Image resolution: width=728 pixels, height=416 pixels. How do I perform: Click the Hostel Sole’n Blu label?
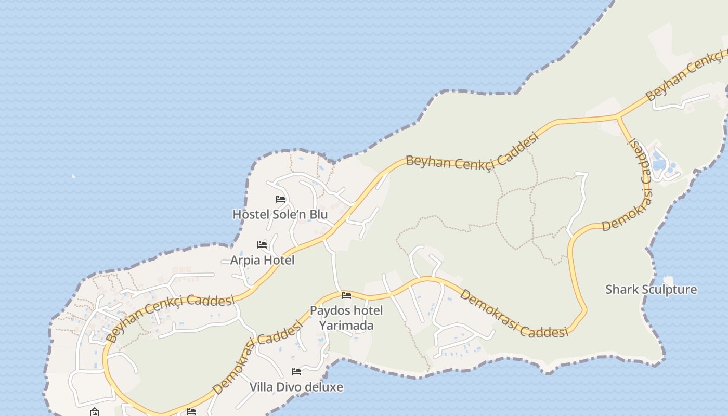(280, 214)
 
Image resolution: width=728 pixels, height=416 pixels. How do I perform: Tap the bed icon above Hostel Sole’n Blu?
(280, 199)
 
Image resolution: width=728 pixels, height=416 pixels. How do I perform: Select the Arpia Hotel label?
(262, 260)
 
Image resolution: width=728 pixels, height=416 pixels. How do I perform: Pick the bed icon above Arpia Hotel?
(262, 245)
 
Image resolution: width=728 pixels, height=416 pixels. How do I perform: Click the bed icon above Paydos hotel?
(346, 296)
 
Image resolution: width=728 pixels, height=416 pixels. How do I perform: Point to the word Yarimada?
(346, 326)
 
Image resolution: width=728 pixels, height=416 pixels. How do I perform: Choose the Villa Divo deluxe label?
(296, 387)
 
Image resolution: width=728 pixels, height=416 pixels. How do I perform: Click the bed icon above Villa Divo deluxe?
(296, 372)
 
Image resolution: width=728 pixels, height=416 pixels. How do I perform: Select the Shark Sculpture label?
(651, 290)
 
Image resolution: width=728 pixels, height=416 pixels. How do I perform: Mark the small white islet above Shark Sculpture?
(668, 280)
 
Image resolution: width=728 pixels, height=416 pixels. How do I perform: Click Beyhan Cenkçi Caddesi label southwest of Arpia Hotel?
(170, 315)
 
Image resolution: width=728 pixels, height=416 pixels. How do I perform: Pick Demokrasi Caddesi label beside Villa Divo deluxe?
(257, 357)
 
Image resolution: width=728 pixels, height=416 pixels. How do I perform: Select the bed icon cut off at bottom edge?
(191, 412)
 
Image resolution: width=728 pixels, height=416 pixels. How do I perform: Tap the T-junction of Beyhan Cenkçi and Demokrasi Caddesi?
(618, 117)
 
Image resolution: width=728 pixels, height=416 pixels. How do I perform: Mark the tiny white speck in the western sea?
(73, 176)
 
